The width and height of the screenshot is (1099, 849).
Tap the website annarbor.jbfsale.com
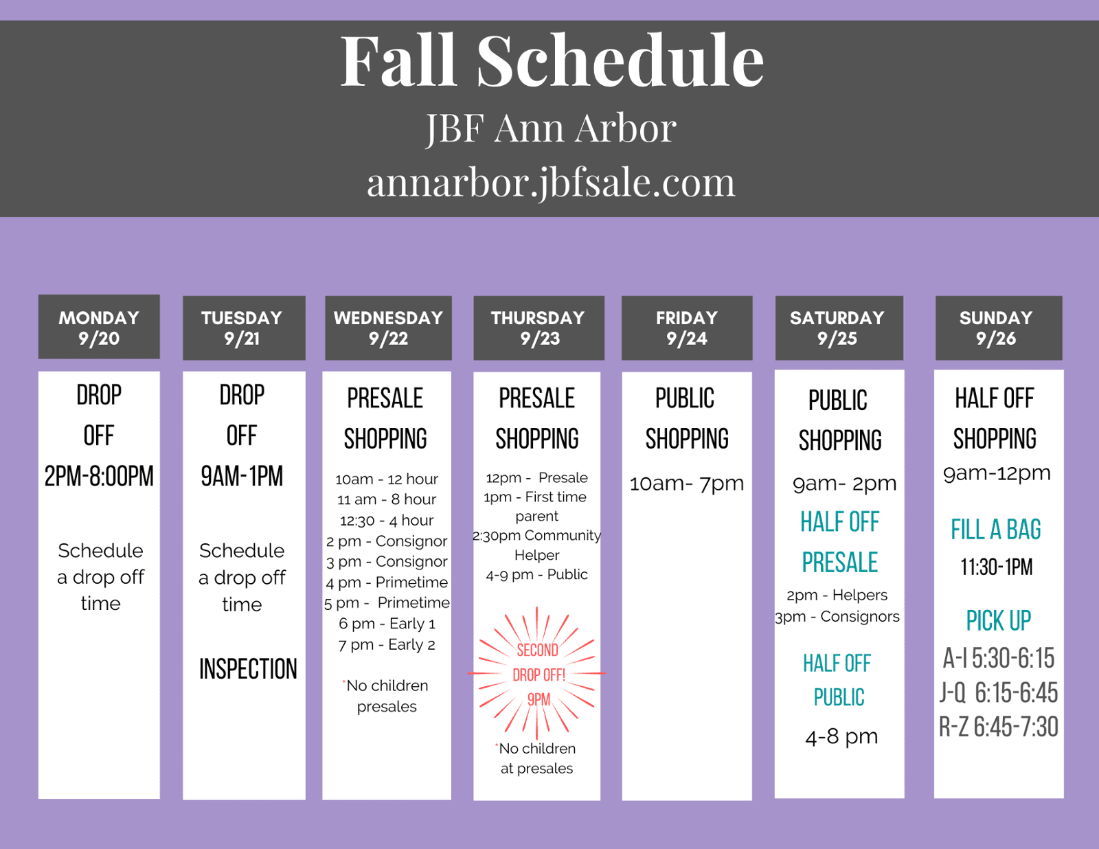click(x=551, y=183)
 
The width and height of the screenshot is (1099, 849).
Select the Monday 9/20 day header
click(x=99, y=327)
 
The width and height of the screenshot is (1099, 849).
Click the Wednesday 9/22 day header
click(x=388, y=328)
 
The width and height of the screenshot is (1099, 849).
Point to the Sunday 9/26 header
click(x=998, y=328)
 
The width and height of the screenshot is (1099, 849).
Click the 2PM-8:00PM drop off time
click(x=99, y=476)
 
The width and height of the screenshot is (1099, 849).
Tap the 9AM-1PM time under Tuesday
click(x=242, y=476)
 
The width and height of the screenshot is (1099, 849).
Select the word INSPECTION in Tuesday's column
click(x=248, y=668)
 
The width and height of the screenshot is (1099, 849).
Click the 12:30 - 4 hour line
click(x=387, y=521)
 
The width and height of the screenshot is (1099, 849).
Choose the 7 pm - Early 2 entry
click(x=387, y=645)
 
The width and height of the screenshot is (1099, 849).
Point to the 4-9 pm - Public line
click(x=536, y=574)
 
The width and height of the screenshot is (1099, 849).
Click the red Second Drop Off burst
click(x=537, y=674)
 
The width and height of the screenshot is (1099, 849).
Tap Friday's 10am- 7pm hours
click(x=687, y=484)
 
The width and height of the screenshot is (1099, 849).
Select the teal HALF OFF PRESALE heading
click(x=840, y=542)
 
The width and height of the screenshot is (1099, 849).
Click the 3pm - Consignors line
click(x=837, y=617)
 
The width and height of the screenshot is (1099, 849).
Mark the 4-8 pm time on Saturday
click(x=841, y=737)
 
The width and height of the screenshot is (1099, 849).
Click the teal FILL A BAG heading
click(x=996, y=530)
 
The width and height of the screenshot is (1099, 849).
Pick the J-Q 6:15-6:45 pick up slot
click(x=999, y=692)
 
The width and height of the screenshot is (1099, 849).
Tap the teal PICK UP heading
click(x=998, y=620)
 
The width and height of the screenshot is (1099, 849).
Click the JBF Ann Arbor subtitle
click(x=551, y=128)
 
